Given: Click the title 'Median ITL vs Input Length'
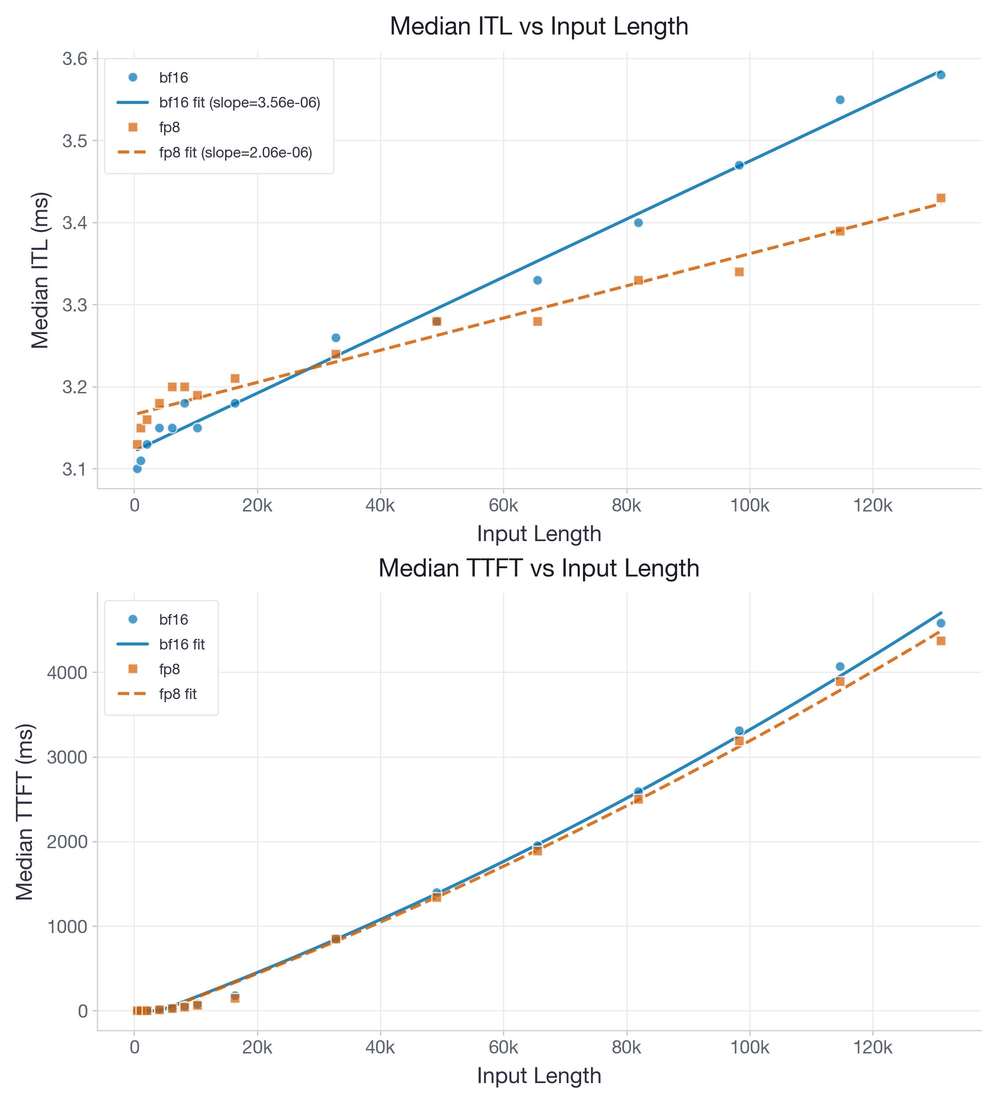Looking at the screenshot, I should click(x=538, y=26).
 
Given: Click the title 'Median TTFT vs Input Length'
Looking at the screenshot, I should click(x=538, y=568).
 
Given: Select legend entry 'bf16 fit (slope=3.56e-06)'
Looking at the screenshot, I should click(x=239, y=102).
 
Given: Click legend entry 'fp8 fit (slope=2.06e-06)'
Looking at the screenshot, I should click(x=235, y=153).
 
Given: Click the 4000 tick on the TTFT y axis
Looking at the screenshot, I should click(x=67, y=673).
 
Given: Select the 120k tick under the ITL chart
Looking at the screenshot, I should click(x=872, y=506).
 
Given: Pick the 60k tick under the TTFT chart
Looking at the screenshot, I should click(x=503, y=1047).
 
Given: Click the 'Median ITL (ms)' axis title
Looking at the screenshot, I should click(x=40, y=270).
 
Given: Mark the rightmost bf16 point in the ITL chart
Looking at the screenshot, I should click(x=941, y=75).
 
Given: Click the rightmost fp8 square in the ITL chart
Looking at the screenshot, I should click(x=941, y=198).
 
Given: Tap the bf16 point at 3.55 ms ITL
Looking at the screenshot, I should click(x=840, y=100).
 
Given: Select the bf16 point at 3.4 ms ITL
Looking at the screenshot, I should click(x=638, y=223).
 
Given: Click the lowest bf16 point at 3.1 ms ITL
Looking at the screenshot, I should click(x=137, y=469).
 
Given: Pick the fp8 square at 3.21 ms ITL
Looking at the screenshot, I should click(x=235, y=379).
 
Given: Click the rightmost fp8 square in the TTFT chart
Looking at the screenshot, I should click(x=941, y=641).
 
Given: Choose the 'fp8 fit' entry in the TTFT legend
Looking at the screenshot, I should click(x=178, y=694).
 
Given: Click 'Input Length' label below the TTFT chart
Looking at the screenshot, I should click(x=538, y=1076).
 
